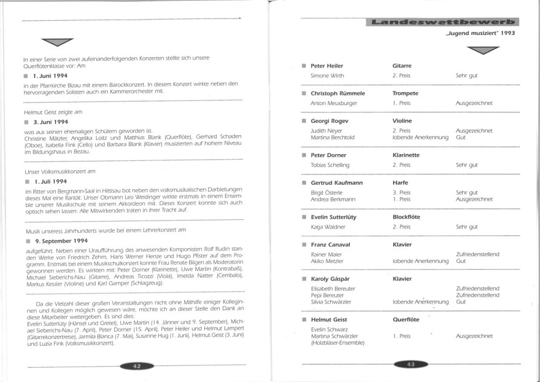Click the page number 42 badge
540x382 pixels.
point(137,365)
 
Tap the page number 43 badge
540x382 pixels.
point(407,365)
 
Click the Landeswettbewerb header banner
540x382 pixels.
point(439,23)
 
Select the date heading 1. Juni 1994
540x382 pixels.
point(50,75)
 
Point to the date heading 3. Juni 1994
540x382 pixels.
point(50,122)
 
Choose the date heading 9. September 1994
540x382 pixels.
point(58,240)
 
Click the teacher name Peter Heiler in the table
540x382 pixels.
point(326,65)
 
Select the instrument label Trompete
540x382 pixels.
point(405,93)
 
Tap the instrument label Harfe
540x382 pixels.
point(401,183)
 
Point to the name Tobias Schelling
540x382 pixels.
point(330,165)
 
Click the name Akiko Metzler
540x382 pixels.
point(328,262)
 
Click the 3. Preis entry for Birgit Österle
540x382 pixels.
point(401,192)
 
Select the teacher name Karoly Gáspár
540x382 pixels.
point(331,279)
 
